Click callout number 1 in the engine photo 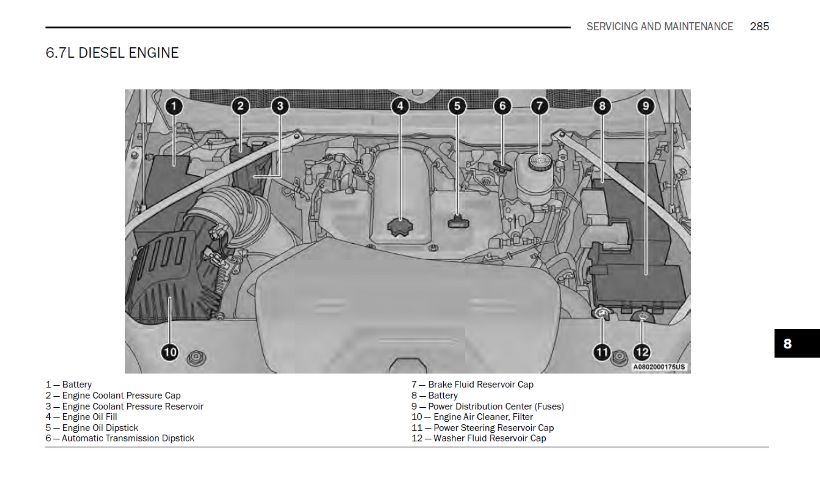pos(174,106)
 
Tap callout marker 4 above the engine pos(400,106)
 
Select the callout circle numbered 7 pos(539,106)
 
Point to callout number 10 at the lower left pos(170,352)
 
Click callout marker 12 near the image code pos(642,352)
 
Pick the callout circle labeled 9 pos(646,106)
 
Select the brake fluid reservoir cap pos(540,162)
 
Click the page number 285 pos(759,27)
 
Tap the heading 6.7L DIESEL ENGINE pos(112,53)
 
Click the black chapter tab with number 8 pos(796,343)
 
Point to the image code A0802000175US pos(659,367)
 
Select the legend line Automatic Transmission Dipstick pos(128,439)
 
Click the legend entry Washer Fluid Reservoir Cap pos(489,439)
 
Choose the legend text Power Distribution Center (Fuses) pos(496,406)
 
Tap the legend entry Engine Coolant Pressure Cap pos(121,395)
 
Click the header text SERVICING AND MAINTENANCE pos(659,27)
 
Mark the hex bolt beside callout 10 pos(196,358)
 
